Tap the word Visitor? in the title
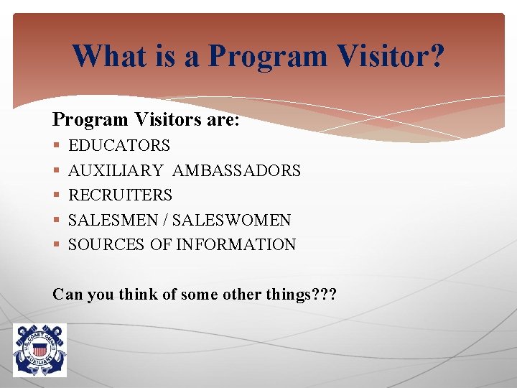pos(393,55)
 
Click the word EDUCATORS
pos(119,146)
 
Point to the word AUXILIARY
pos(116,170)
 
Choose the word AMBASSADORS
pos(236,170)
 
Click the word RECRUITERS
pos(120,195)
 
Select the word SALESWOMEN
pos(231,220)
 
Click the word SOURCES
pos(107,244)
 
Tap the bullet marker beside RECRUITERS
pos(57,195)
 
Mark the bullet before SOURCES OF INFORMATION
pos(57,245)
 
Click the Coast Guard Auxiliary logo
pos(39,349)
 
